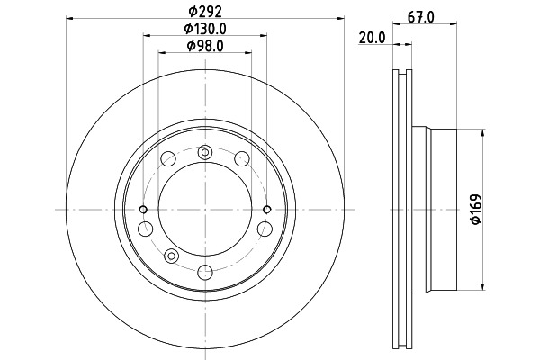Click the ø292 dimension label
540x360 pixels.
pos(205,12)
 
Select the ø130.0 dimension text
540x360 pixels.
pos(205,29)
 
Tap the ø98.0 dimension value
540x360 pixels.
pos(205,46)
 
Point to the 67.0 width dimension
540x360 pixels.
pos(421,17)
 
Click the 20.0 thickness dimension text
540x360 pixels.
pos(372,38)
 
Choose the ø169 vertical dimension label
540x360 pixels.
pos(476,210)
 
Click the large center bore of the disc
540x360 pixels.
pos(205,210)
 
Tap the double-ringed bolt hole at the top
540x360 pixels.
pos(205,152)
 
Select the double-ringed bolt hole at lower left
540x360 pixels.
pos(171,256)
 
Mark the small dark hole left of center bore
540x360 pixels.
pos(143,209)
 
